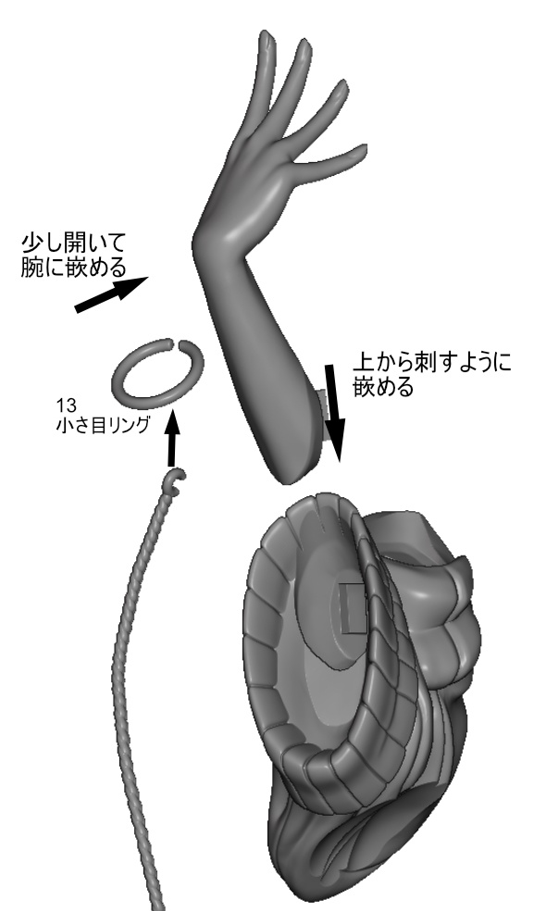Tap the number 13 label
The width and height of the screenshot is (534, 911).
63,405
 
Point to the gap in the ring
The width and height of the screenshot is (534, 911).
177,343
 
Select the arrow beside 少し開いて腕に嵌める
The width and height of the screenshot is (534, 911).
112,294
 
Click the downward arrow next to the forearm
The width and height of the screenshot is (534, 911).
334,413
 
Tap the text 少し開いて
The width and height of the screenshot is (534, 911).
73,243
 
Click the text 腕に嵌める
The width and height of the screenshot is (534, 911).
73,267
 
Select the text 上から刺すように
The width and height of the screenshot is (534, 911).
433,363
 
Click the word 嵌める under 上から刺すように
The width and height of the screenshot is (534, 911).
383,386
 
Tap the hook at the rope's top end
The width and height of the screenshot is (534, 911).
177,480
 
